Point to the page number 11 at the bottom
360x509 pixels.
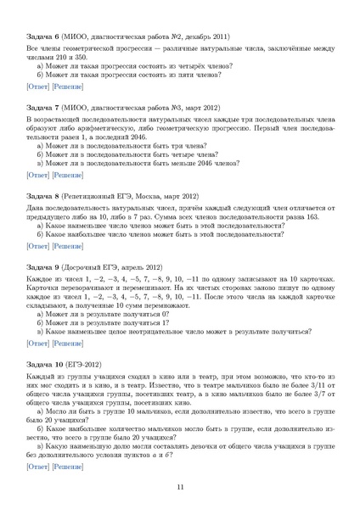pyautogui.click(x=180, y=487)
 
